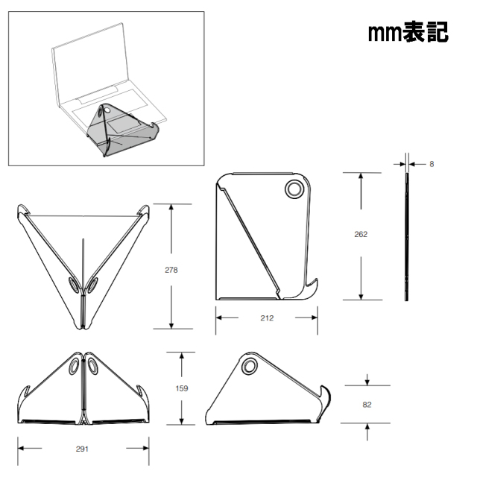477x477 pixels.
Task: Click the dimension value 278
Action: point(171,270)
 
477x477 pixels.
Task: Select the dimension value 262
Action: point(361,234)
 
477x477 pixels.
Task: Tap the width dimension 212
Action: point(267,318)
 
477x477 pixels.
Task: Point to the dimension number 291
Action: point(82,449)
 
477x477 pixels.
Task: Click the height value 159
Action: point(182,388)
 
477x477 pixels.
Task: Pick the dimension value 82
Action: point(367,405)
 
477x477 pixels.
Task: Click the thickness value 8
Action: point(432,164)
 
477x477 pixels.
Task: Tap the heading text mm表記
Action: point(408,32)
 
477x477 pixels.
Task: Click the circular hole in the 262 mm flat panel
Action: point(294,189)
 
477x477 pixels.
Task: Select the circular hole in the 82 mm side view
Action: point(249,366)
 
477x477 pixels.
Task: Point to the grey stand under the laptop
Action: point(123,131)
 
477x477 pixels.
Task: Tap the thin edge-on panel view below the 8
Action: point(407,237)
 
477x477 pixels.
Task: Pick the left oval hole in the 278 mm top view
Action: point(73,285)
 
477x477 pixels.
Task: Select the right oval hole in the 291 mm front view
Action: point(92,366)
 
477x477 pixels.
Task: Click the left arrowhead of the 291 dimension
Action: point(21,448)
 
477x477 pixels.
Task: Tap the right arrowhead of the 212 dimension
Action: point(315,318)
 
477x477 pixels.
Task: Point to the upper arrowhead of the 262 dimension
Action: point(361,176)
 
